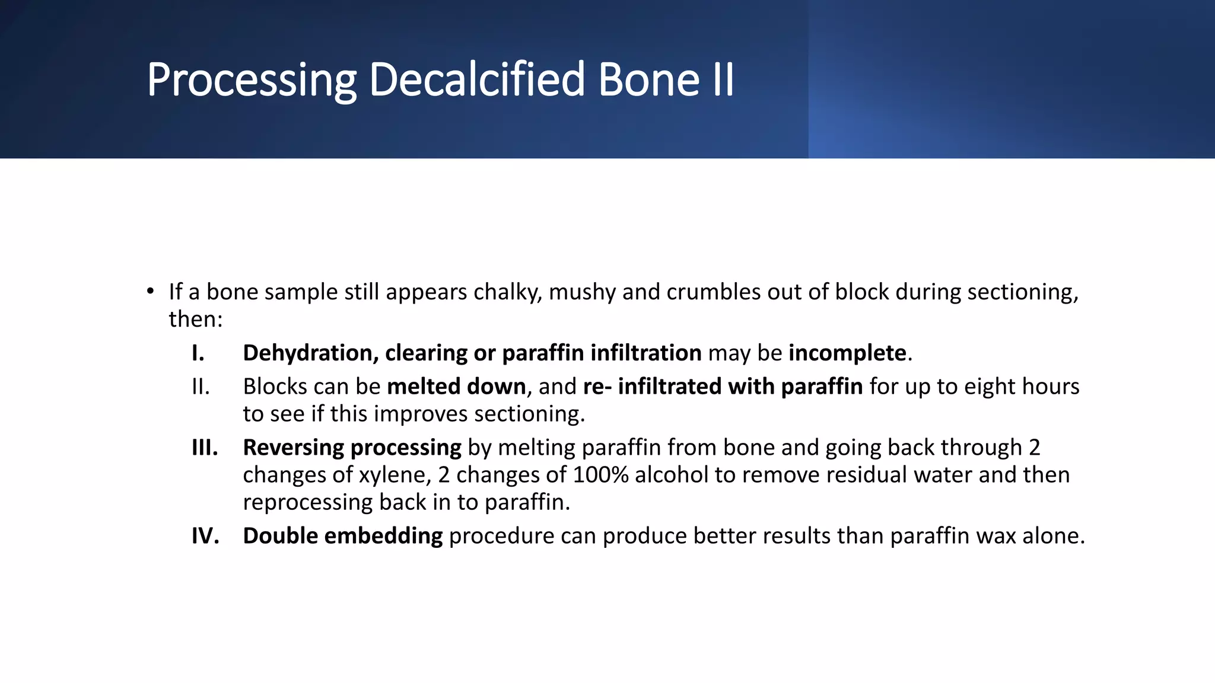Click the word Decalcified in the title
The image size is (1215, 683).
(x=477, y=79)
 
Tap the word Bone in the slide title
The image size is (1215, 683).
(x=649, y=79)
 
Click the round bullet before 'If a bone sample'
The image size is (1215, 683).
(x=151, y=291)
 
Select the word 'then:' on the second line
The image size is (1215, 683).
(x=196, y=320)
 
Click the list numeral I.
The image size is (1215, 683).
(x=198, y=353)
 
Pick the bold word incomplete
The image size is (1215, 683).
(x=847, y=353)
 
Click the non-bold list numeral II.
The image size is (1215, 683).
(x=201, y=387)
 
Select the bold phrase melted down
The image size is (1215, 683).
(x=456, y=387)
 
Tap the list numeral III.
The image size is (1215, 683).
(x=205, y=448)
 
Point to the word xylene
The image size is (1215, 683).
(x=395, y=475)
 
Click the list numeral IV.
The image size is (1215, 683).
(x=205, y=536)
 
